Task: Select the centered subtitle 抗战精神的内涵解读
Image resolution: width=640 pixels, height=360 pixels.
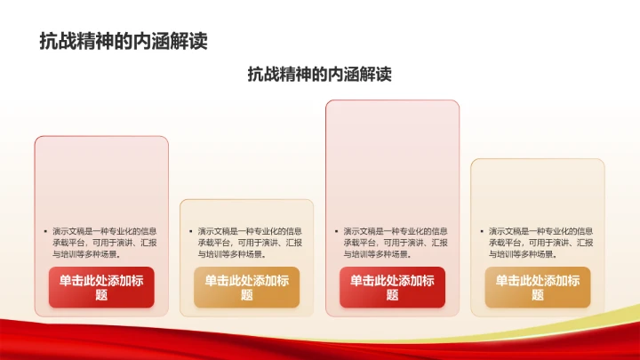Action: (319, 75)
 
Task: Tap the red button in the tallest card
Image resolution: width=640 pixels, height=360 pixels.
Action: (392, 287)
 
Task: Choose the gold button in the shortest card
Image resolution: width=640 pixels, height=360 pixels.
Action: (246, 287)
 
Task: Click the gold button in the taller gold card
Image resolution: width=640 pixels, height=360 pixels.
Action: (537, 287)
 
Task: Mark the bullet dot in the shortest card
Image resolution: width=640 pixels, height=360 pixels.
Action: (189, 231)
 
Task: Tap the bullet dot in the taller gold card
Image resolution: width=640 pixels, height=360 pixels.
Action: (480, 231)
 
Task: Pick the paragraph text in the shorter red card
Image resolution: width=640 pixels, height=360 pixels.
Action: (105, 242)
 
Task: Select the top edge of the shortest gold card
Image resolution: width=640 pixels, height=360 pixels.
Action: (246, 201)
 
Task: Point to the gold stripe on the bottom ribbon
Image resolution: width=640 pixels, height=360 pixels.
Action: (613, 312)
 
